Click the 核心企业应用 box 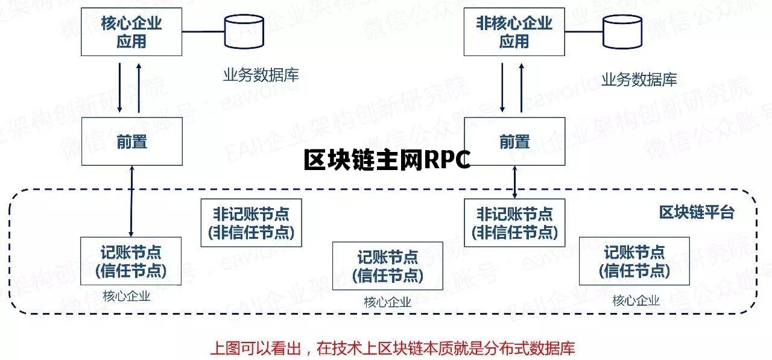pos(131,32)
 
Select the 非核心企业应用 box pos(514,32)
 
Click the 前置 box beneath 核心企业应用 pos(131,141)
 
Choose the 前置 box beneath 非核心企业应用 pos(514,141)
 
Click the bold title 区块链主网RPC pos(387,160)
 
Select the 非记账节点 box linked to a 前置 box pos(514,223)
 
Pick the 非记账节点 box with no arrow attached pos(251,223)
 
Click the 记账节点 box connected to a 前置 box pos(131,261)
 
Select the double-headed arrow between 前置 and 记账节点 pos(131,201)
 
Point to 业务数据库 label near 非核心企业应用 pos(639,80)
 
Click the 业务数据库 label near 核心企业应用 pos(261,75)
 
